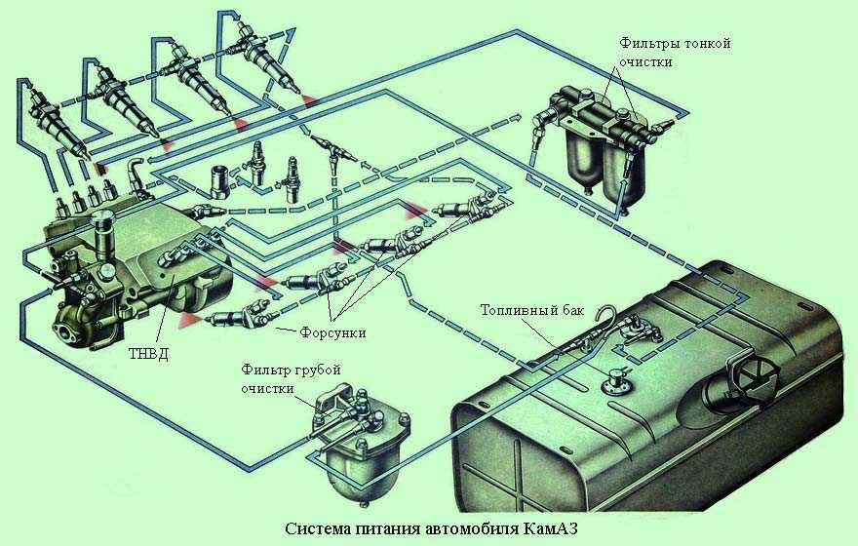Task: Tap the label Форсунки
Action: [x=334, y=332]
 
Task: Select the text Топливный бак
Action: [x=532, y=311]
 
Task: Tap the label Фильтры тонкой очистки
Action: [x=674, y=53]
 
